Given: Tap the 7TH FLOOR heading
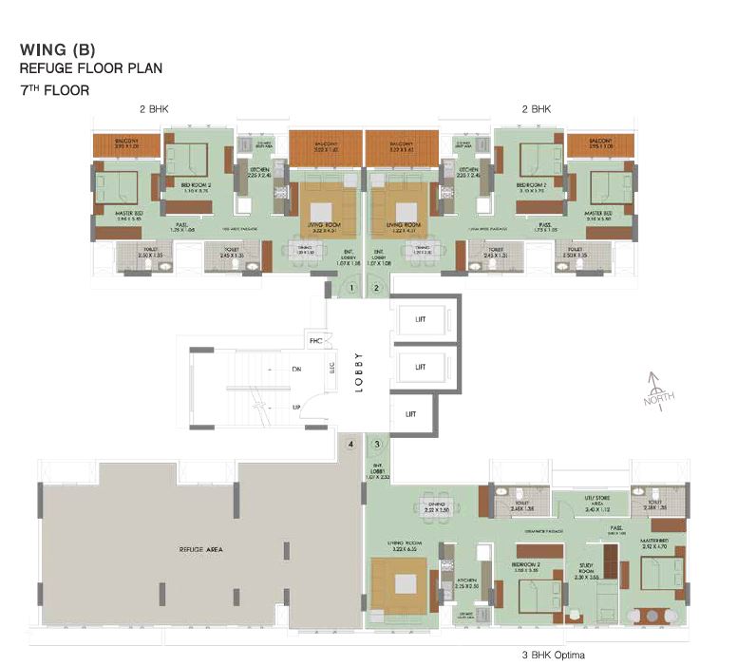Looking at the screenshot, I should [54, 90].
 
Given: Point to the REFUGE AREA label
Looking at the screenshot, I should [198, 549].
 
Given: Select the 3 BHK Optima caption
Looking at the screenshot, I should [552, 656].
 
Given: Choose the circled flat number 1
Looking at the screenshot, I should [351, 287].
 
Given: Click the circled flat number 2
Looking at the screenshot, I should [377, 287].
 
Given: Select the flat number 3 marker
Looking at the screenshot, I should [377, 444].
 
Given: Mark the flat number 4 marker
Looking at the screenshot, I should [351, 444].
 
